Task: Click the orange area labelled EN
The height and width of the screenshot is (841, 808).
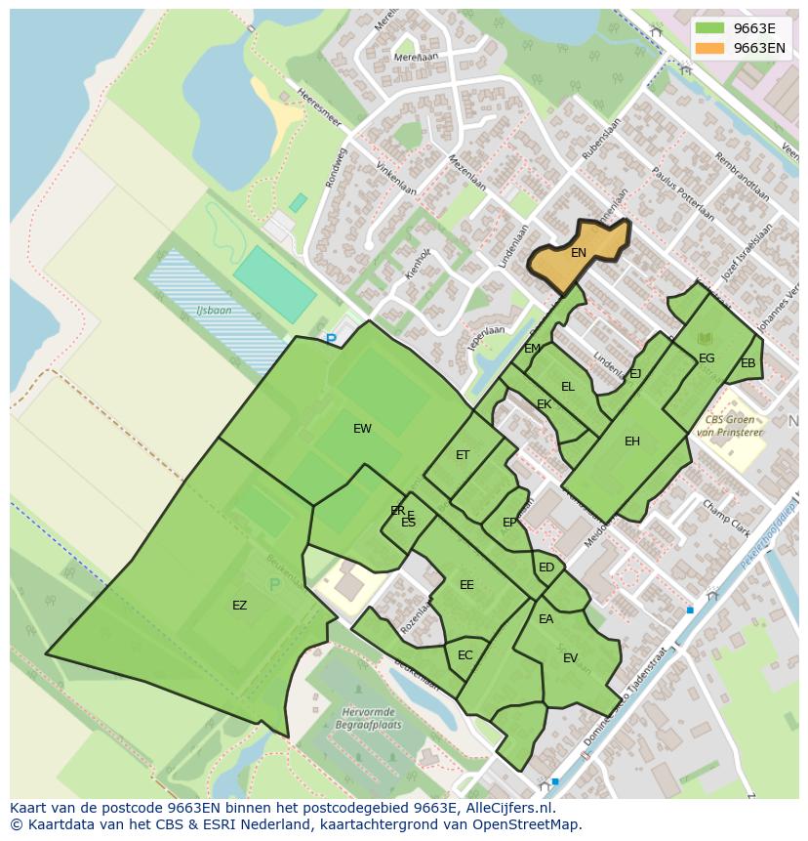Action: pos(579,253)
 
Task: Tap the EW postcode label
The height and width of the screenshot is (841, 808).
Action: pos(362,429)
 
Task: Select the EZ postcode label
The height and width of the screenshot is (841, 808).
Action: pos(239,606)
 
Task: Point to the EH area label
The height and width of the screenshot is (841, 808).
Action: pos(632,442)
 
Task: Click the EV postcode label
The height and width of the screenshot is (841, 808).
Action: pos(571,658)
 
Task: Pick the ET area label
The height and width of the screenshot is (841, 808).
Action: pos(463,455)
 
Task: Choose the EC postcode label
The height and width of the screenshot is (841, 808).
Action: pos(465,655)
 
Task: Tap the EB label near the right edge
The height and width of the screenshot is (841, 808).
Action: pos(748,364)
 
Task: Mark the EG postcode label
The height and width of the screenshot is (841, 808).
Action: pos(707,358)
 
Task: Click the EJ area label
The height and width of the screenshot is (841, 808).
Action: pos(635,374)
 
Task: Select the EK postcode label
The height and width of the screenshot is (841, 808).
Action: pos(545,404)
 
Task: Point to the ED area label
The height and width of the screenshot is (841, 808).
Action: pos(546,568)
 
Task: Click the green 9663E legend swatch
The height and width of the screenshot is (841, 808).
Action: pos(709,28)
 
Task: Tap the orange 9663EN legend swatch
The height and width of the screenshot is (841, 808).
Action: pos(709,48)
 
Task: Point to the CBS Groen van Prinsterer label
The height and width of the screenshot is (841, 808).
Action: pos(728,425)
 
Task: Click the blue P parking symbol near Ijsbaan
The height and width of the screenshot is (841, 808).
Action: pos(331,340)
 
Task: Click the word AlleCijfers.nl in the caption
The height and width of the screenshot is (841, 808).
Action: pos(507,809)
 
